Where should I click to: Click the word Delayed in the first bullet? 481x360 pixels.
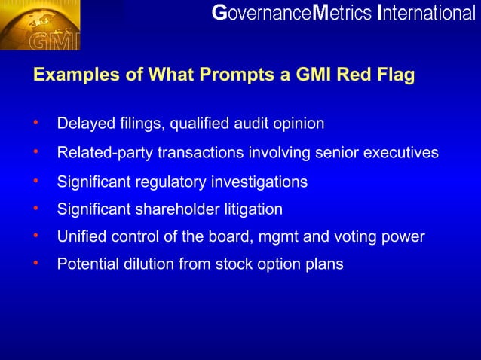coord(82,123)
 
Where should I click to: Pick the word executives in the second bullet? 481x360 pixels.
coord(401,153)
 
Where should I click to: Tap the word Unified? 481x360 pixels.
coord(81,237)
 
